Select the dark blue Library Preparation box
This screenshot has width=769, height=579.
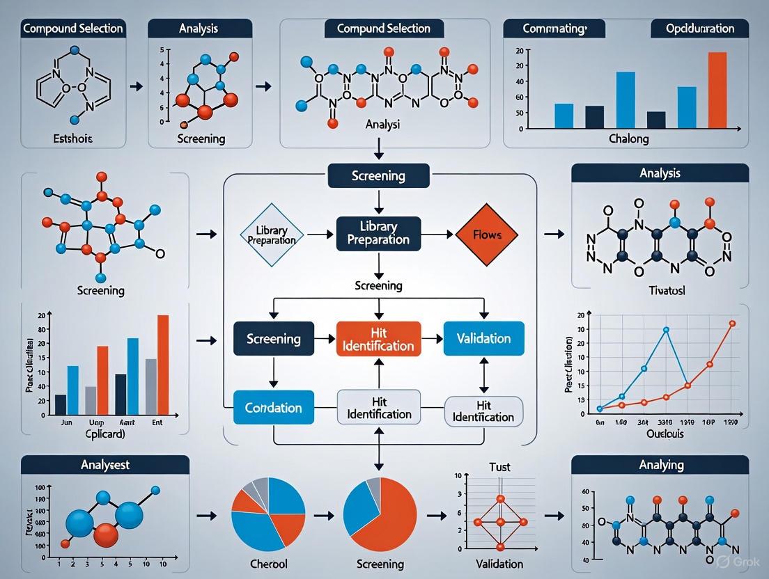click(378, 233)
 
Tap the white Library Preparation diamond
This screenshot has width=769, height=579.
click(272, 235)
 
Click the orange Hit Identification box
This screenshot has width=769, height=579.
click(378, 339)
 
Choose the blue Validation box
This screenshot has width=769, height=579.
click(483, 339)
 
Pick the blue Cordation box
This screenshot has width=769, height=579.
click(273, 408)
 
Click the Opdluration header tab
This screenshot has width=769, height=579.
click(699, 29)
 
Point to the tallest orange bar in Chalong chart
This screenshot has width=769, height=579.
click(717, 90)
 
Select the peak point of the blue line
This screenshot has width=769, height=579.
click(666, 330)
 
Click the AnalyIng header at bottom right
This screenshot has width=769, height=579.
click(660, 465)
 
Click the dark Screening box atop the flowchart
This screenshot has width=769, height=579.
click(376, 176)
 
